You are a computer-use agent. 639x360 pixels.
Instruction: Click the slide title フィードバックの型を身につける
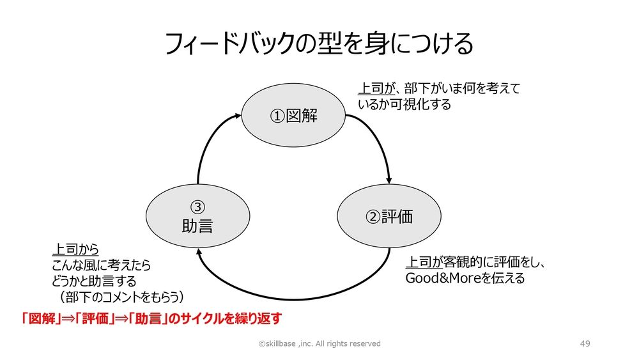(x=319, y=45)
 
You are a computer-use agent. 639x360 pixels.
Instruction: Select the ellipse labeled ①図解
(x=293, y=116)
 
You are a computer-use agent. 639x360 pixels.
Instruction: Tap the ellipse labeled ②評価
(x=389, y=216)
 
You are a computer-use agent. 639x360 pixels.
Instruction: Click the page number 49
(x=585, y=343)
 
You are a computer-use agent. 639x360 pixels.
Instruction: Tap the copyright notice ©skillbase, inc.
(x=319, y=343)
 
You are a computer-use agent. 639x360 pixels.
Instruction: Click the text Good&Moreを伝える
(x=465, y=279)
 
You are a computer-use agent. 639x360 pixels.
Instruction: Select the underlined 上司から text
(x=75, y=249)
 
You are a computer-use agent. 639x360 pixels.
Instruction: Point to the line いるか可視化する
(x=404, y=104)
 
